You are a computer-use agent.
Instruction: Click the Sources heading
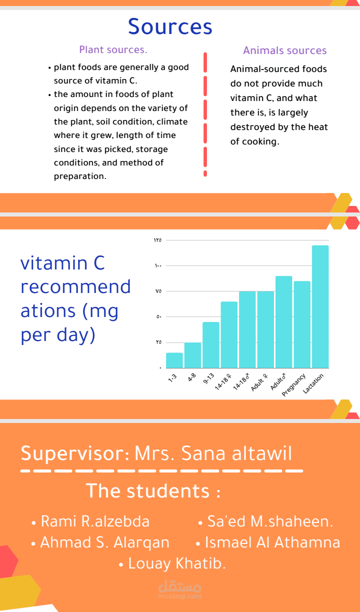[170, 26]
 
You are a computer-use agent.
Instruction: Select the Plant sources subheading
[113, 49]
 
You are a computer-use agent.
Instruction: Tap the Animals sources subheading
[285, 50]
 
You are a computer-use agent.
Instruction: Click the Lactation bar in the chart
[320, 306]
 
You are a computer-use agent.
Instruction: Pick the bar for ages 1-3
[174, 360]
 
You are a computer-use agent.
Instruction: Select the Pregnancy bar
[302, 324]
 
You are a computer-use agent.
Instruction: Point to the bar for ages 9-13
[211, 345]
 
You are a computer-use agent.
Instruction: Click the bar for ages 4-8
[192, 355]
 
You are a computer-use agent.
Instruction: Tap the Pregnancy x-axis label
[293, 384]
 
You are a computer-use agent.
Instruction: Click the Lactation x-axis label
[313, 383]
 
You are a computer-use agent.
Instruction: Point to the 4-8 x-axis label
[191, 377]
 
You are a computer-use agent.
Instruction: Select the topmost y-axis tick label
[157, 240]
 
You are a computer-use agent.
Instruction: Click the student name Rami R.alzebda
[95, 521]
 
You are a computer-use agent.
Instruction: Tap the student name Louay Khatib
[177, 563]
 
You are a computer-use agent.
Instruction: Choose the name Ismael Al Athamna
[272, 542]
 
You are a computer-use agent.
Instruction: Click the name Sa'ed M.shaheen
[270, 521]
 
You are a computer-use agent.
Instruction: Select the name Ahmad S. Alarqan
[104, 542]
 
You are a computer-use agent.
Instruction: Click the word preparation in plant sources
[80, 176]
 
